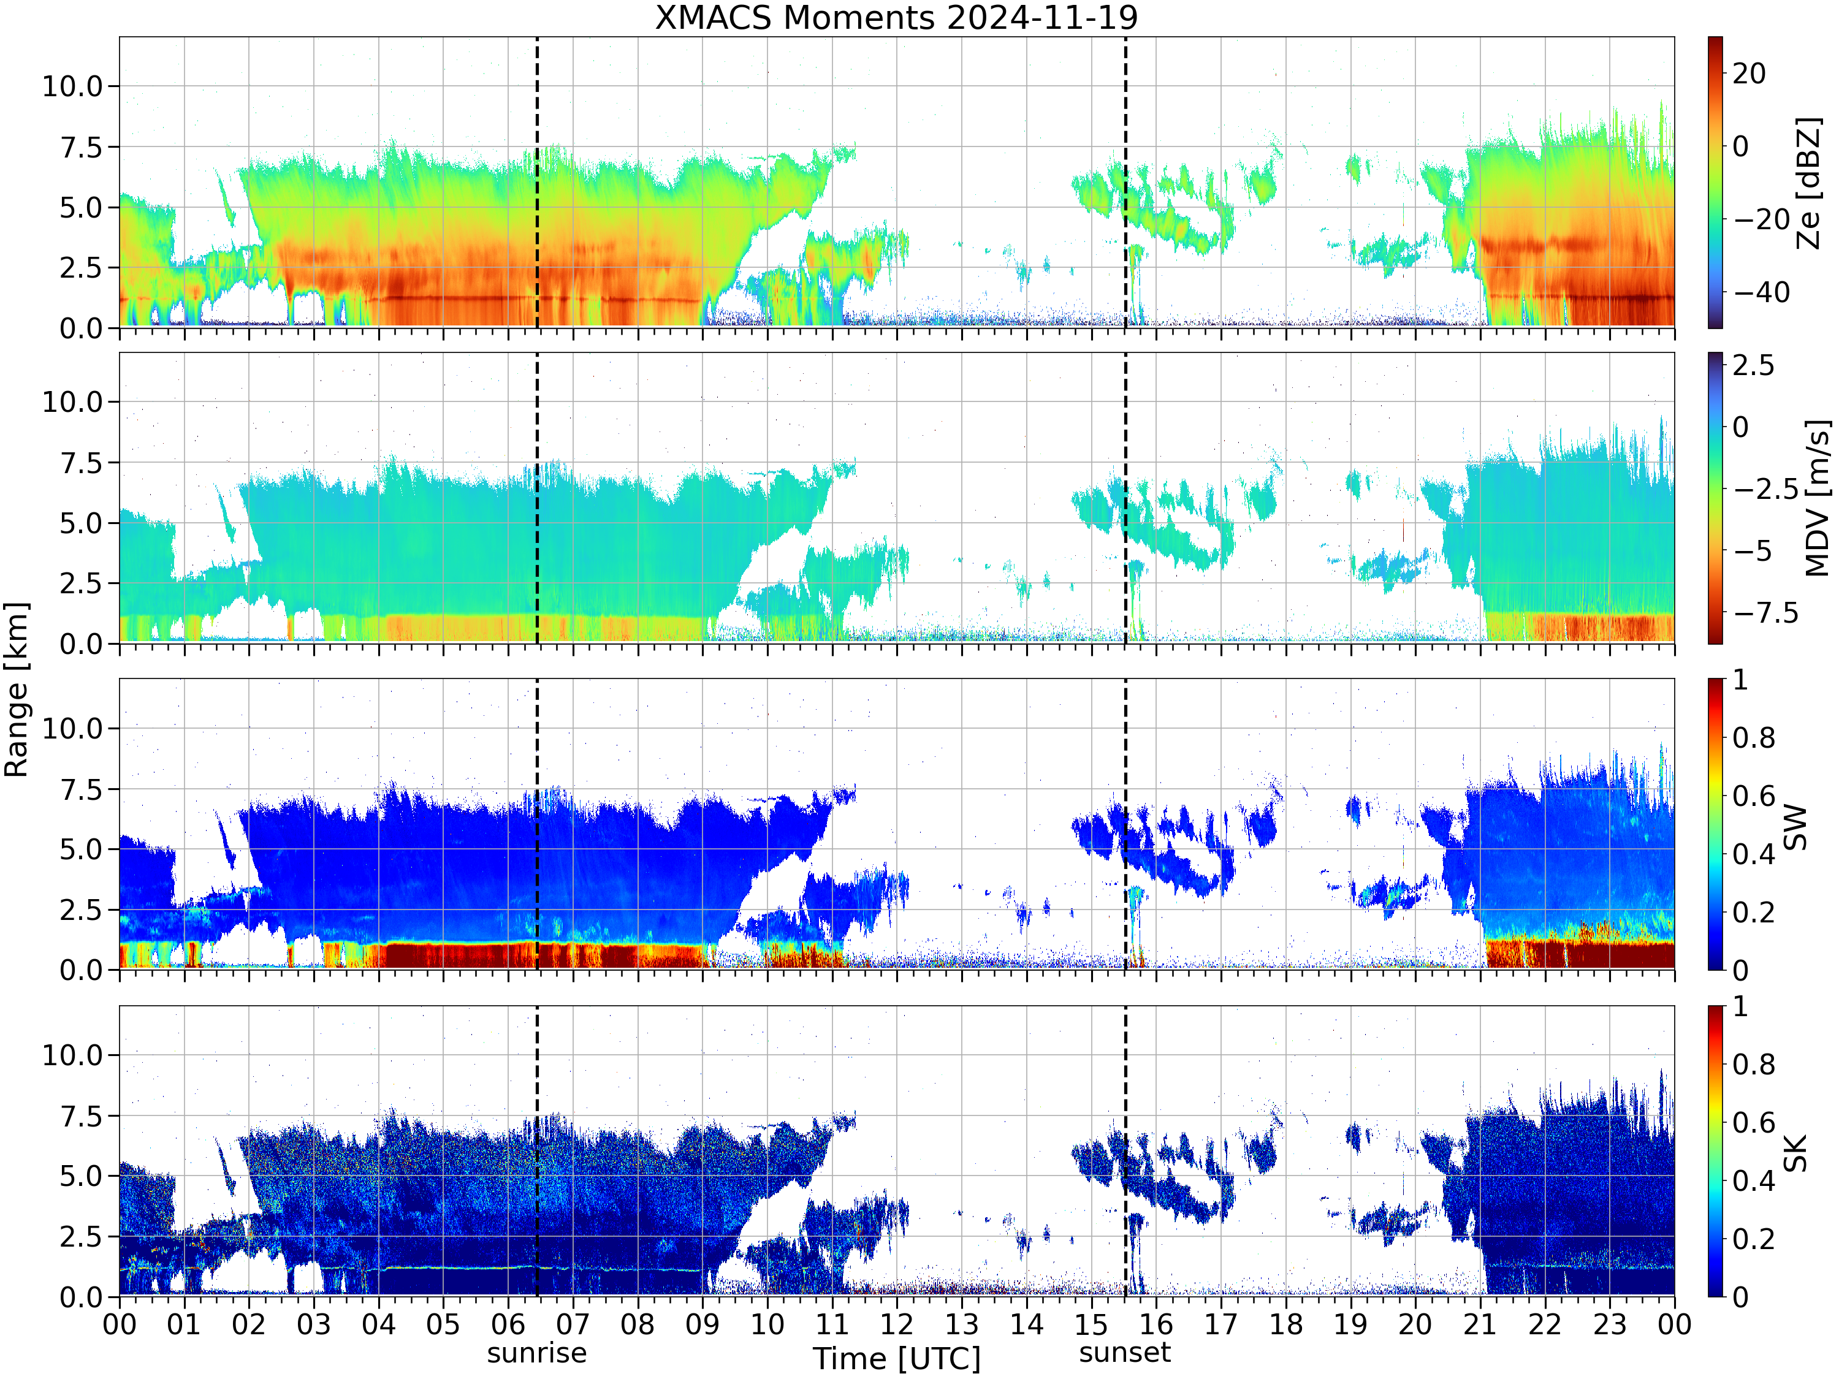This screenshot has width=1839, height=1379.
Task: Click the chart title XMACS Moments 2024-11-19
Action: tap(896, 17)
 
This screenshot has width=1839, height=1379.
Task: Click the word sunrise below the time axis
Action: tap(537, 1353)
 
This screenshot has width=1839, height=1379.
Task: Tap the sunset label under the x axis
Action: tap(1125, 1353)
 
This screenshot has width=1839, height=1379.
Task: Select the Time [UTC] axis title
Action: tap(897, 1358)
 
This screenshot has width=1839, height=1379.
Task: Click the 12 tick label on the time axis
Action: tap(897, 1324)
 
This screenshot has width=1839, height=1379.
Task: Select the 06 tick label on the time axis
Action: tap(508, 1324)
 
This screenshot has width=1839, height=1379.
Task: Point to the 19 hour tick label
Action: tap(1350, 1324)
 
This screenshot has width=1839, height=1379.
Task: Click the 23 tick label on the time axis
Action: tap(1610, 1324)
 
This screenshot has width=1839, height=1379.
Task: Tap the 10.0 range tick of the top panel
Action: tap(72, 86)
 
